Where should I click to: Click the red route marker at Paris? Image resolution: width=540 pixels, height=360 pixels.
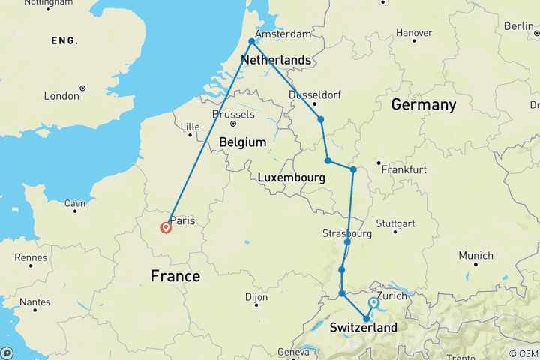pyautogui.click(x=166, y=227)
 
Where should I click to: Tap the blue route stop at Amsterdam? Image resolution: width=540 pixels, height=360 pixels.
pyautogui.click(x=252, y=42)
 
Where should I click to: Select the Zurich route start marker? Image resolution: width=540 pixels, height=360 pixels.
pyautogui.click(x=373, y=303)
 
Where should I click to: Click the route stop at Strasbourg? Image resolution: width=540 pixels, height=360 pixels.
pyautogui.click(x=348, y=241)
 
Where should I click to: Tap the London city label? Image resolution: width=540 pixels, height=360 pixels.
pyautogui.click(x=61, y=95)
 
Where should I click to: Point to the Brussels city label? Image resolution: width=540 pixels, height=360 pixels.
pyautogui.click(x=233, y=115)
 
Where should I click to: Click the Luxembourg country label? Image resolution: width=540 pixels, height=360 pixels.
pyautogui.click(x=290, y=178)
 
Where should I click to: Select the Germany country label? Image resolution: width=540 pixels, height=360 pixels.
pyautogui.click(x=423, y=105)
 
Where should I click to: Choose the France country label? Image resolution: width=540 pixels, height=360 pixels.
pyautogui.click(x=175, y=276)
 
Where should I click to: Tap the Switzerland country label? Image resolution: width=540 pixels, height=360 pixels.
pyautogui.click(x=363, y=328)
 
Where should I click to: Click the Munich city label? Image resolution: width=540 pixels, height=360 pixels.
pyautogui.click(x=476, y=256)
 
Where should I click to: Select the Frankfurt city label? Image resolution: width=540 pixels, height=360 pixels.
pyautogui.click(x=403, y=170)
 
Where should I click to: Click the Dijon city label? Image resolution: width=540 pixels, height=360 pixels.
pyautogui.click(x=256, y=297)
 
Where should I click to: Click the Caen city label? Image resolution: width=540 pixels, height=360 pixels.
pyautogui.click(x=73, y=202)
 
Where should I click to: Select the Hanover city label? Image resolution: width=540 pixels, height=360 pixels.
pyautogui.click(x=414, y=33)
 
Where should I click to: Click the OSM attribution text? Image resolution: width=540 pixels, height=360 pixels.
pyautogui.click(x=523, y=353)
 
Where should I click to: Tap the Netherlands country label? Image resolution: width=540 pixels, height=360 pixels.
pyautogui.click(x=275, y=59)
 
